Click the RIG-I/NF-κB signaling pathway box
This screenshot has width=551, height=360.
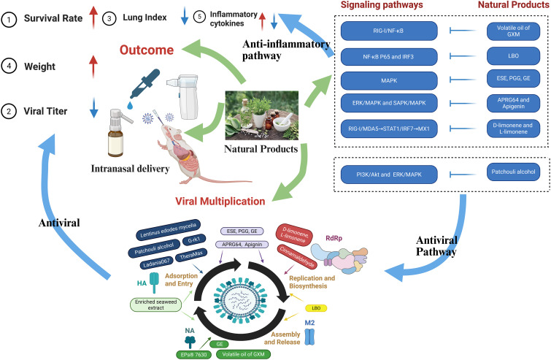(389, 31)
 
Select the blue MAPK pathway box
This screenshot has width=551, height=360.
(389, 80)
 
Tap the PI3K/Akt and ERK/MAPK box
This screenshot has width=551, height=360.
(389, 175)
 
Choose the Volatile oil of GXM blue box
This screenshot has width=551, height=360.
(513, 31)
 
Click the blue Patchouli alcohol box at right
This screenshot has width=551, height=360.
(513, 172)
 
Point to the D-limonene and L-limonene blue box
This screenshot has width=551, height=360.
(513, 129)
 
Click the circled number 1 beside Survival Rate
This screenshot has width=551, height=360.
(9, 20)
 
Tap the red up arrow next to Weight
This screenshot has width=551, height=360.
(93, 66)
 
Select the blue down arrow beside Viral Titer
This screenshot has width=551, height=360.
(93, 107)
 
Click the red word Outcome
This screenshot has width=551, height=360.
(147, 50)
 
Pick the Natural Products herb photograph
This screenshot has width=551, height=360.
(262, 115)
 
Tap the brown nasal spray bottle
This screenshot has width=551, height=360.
(117, 133)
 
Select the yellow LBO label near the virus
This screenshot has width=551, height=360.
(316, 308)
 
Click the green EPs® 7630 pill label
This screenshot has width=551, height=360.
(193, 354)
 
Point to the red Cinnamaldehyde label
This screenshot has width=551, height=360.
(297, 257)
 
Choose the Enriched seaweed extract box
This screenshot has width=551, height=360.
(155, 305)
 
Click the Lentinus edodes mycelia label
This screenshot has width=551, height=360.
(169, 230)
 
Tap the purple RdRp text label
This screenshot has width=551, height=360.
(334, 238)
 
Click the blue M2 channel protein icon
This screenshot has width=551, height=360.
(309, 337)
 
